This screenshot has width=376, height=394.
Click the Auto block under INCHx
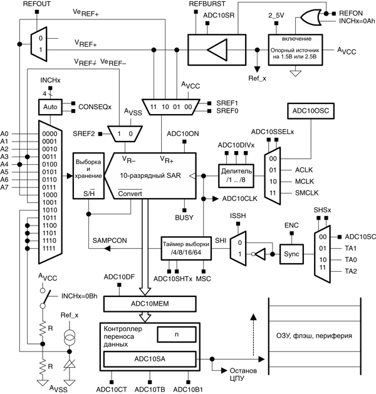tap(50, 107)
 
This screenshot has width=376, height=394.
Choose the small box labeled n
tap(176, 335)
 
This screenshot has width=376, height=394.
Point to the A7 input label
tap(5, 187)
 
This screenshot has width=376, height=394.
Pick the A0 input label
tap(5, 134)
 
